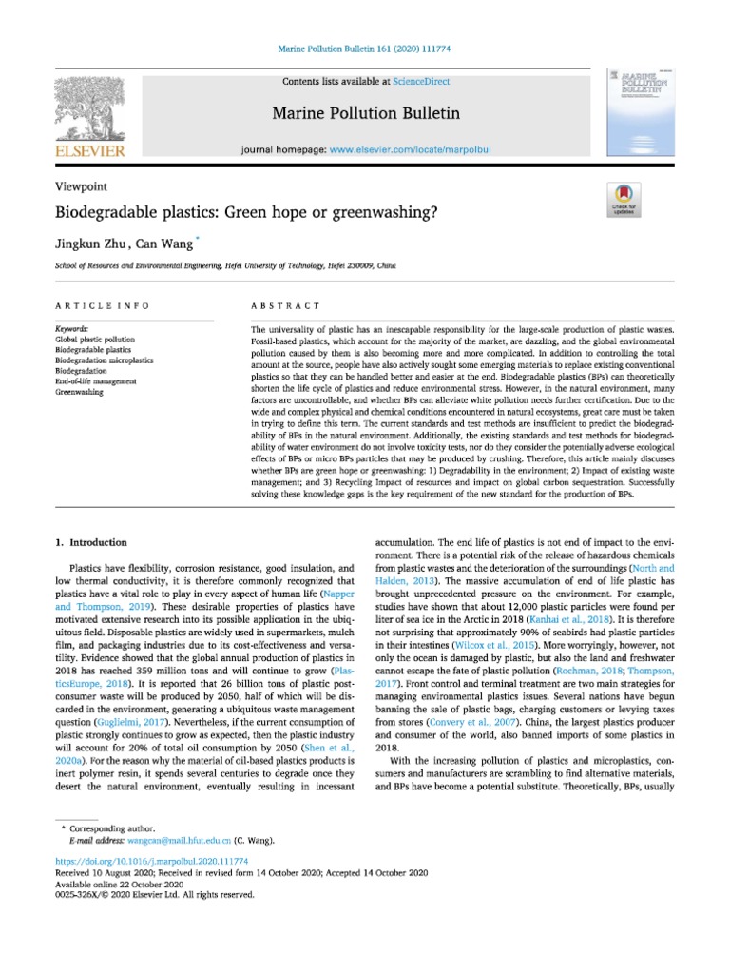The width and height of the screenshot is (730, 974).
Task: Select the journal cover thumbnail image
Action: tap(636, 115)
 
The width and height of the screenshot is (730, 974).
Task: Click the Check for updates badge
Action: tap(624, 198)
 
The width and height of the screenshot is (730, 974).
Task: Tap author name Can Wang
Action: tap(161, 245)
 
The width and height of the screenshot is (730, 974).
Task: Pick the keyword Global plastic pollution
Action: tap(95, 339)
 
